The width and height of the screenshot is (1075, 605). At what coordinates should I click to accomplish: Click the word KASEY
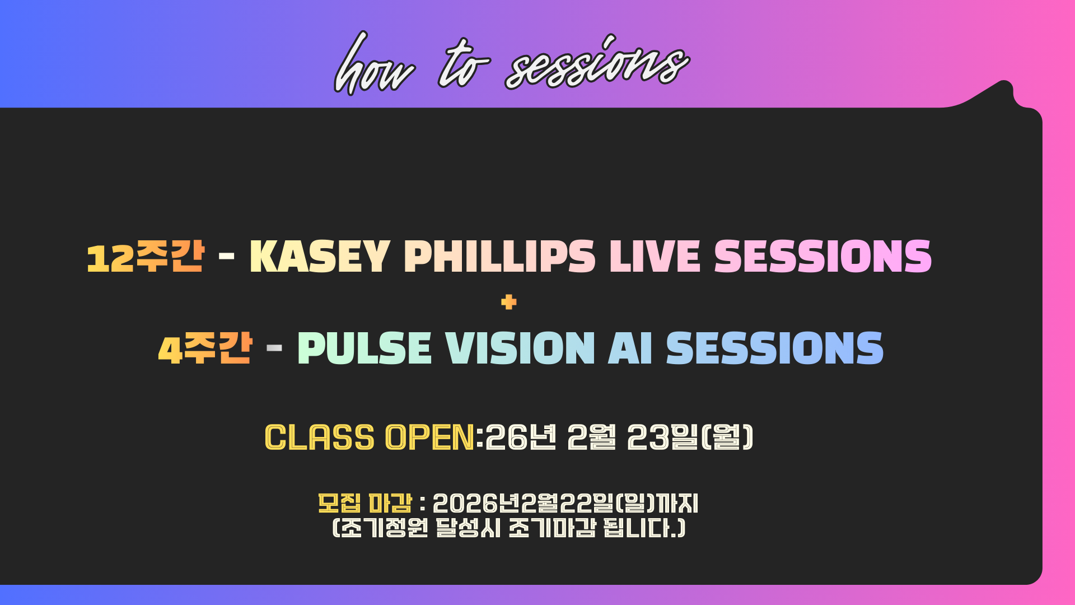point(319,257)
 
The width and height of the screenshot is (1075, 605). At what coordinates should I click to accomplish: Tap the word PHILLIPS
point(499,257)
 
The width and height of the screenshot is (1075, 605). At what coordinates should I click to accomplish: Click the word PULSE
point(364,348)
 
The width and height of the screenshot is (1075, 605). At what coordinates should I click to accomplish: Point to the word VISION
point(520,348)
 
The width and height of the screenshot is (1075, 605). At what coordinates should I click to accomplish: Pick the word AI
point(630,348)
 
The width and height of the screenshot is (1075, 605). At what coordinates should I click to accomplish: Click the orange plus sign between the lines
point(509,302)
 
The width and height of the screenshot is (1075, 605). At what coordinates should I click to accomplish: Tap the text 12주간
point(145,257)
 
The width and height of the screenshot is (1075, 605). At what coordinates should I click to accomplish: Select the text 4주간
point(205,348)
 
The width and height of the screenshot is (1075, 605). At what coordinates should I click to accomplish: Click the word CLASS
point(319,437)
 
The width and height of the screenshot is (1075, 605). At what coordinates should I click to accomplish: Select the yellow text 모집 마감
point(365,503)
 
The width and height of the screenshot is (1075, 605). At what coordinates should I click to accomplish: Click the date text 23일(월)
point(690,437)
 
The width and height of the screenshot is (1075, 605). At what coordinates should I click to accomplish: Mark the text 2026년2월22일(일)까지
point(565,503)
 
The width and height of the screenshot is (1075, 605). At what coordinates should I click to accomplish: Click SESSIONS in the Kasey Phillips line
point(823,257)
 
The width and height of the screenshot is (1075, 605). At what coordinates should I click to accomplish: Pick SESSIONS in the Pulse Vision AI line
point(775,348)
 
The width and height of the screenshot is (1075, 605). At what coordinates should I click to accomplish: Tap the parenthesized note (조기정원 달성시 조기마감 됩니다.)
point(509,528)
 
